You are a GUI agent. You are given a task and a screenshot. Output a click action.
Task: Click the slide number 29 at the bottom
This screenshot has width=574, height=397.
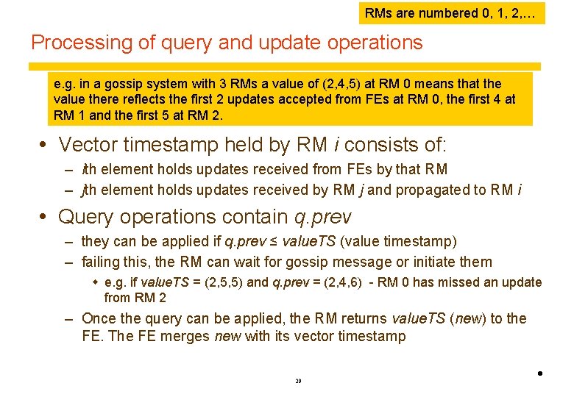[x=297, y=381]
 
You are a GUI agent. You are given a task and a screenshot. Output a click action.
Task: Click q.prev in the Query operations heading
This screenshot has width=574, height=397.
[x=323, y=218]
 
